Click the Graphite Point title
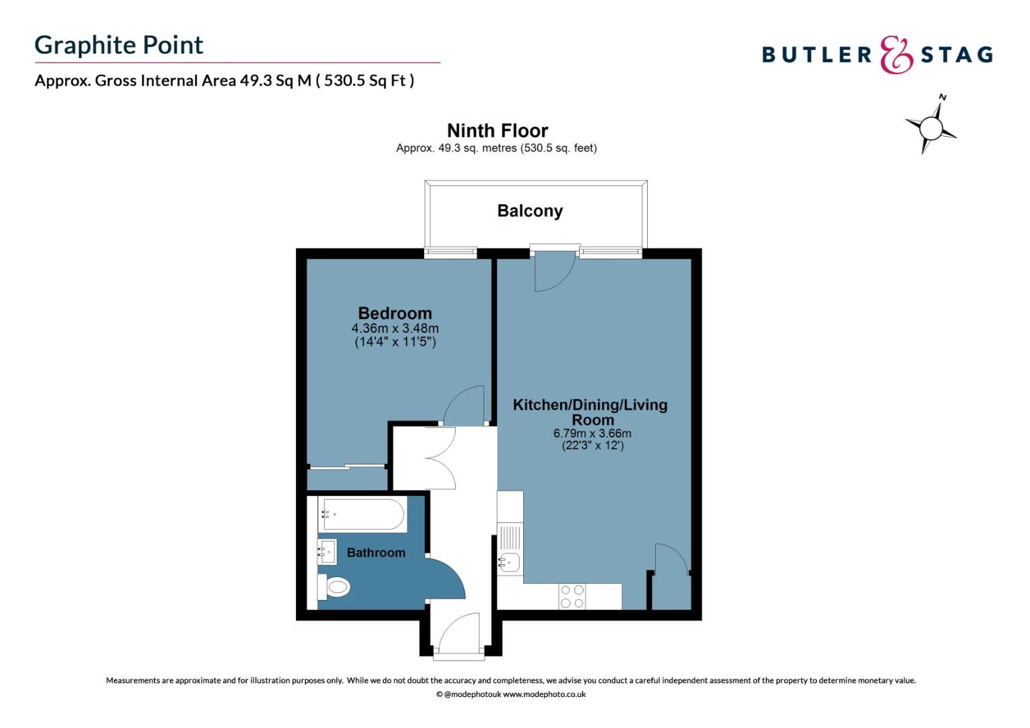pyautogui.click(x=119, y=45)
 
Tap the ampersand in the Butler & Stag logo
pyautogui.click(x=896, y=55)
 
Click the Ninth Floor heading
pyautogui.click(x=497, y=130)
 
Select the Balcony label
pyautogui.click(x=530, y=211)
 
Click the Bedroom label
pyautogui.click(x=395, y=313)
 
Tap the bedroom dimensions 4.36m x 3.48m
pyautogui.click(x=395, y=328)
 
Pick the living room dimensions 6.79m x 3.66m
pyautogui.click(x=593, y=433)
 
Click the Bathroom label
pyautogui.click(x=376, y=553)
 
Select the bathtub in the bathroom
pyautogui.click(x=361, y=516)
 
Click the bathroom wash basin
pyautogui.click(x=328, y=552)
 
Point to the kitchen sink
pyautogui.click(x=510, y=562)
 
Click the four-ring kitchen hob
pyautogui.click(x=572, y=597)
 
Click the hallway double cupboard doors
pyautogui.click(x=440, y=458)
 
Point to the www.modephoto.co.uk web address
pyautogui.click(x=544, y=694)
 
